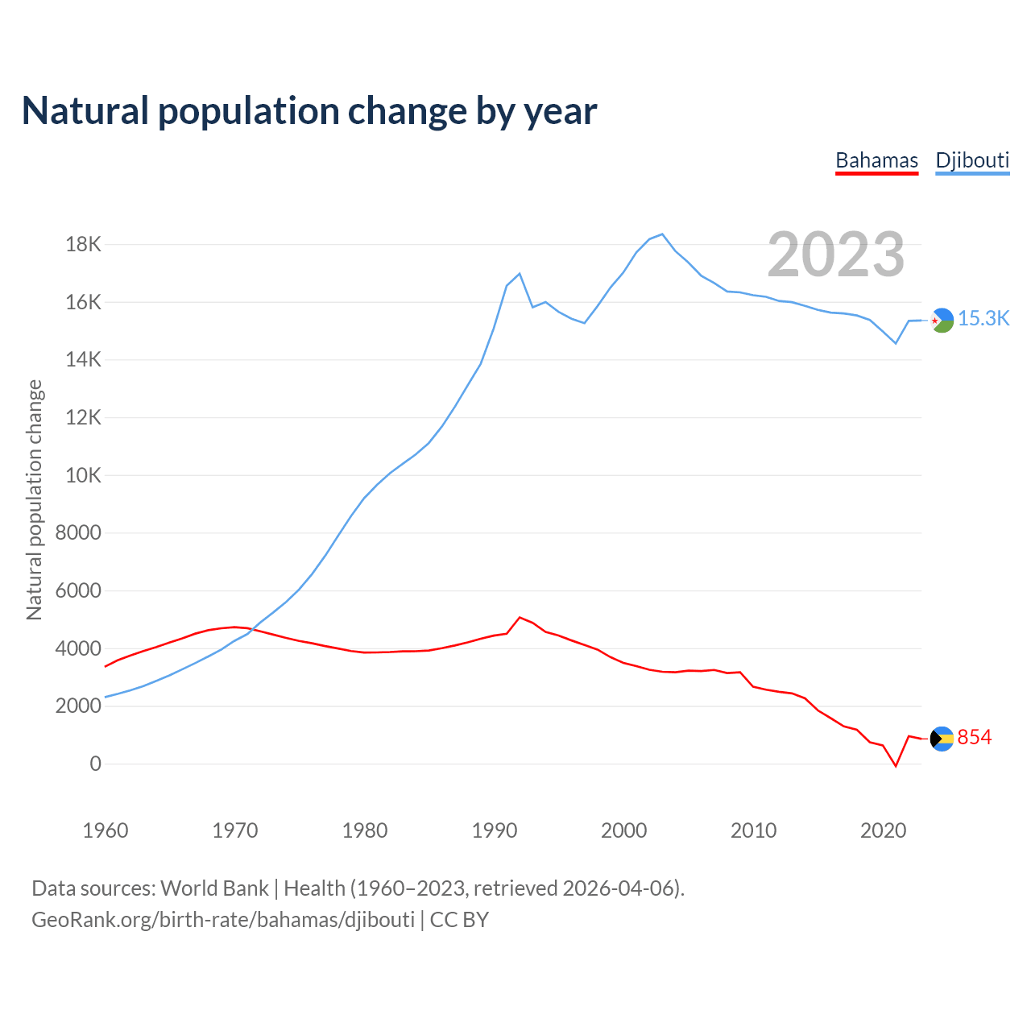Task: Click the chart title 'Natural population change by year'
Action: click(x=309, y=111)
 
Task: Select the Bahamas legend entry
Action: click(x=876, y=160)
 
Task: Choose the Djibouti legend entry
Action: click(x=972, y=160)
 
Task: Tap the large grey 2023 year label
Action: click(x=835, y=255)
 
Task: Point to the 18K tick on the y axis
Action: click(x=83, y=244)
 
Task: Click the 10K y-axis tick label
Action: click(x=83, y=475)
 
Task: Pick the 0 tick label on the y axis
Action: click(x=96, y=764)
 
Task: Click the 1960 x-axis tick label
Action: click(x=106, y=830)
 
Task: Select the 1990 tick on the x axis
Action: click(x=495, y=830)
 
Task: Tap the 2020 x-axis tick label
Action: click(x=884, y=830)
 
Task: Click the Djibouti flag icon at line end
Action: click(x=942, y=320)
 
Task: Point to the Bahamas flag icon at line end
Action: click(x=942, y=738)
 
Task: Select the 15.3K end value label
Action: click(x=983, y=319)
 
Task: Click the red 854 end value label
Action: click(x=975, y=738)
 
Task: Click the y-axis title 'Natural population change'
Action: click(x=35, y=499)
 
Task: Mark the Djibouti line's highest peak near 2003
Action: click(x=662, y=234)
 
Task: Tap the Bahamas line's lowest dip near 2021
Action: click(x=896, y=766)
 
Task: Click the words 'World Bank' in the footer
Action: click(x=214, y=888)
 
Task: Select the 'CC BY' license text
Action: click(x=459, y=920)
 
